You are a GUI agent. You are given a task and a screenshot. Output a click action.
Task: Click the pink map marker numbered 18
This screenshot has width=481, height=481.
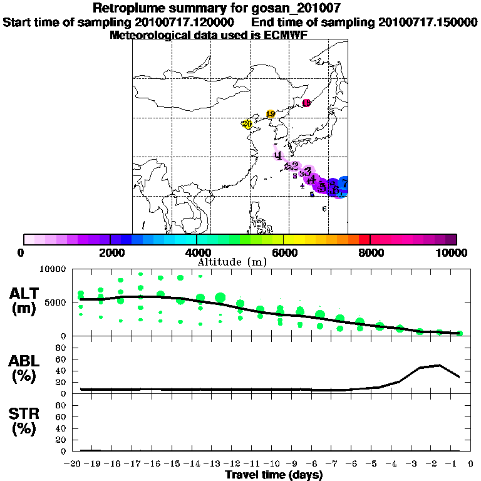(x=306, y=103)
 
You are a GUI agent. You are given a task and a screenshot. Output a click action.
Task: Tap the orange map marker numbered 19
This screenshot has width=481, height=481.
(x=271, y=114)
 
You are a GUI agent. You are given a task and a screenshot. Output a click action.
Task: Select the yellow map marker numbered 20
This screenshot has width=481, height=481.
(x=247, y=124)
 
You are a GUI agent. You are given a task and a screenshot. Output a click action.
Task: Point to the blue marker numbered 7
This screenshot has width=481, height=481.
(x=344, y=182)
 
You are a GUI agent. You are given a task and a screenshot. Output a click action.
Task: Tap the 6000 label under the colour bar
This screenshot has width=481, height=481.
(x=284, y=252)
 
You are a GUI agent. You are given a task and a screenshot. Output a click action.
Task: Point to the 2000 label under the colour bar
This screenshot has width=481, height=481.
(x=110, y=252)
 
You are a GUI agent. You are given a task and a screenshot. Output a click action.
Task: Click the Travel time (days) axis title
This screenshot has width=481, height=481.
(x=274, y=475)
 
